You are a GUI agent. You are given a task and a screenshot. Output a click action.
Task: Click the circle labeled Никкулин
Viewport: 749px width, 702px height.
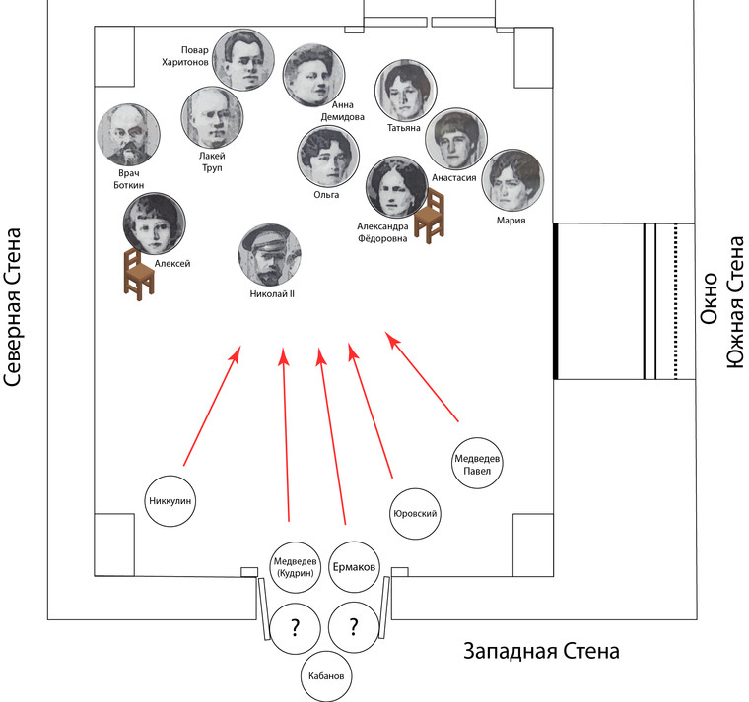[x=170, y=500]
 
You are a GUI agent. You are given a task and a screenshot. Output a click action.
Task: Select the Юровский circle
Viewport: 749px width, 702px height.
[x=415, y=514]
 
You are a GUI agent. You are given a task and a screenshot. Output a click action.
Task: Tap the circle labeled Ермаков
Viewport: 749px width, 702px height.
[x=354, y=567]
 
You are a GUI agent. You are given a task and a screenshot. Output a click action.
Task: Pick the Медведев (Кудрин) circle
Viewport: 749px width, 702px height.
[x=296, y=567]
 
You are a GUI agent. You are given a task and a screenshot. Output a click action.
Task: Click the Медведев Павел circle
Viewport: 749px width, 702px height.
[x=477, y=463]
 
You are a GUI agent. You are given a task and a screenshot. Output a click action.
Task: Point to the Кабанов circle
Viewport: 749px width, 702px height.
[x=326, y=676]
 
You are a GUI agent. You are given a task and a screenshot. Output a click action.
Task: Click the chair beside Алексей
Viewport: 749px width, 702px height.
[x=139, y=274]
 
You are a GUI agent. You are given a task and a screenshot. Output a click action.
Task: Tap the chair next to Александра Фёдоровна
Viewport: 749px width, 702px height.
[x=429, y=216]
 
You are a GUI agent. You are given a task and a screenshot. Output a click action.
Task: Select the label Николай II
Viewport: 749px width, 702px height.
[x=272, y=294]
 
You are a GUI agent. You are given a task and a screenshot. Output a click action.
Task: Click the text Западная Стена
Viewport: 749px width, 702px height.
[x=541, y=652]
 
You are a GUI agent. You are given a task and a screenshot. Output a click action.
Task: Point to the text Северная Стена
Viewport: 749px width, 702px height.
[x=13, y=307]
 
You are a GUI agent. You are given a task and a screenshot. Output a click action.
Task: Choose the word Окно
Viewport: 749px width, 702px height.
[x=710, y=298]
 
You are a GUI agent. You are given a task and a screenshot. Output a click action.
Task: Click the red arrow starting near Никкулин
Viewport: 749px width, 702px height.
[x=212, y=406]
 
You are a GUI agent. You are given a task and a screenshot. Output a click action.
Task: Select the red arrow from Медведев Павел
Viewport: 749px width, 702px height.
[x=422, y=376]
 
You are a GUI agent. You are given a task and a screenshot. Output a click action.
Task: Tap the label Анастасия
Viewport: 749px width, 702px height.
[x=453, y=178]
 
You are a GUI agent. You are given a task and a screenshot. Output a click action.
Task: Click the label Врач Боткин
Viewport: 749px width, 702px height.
[x=129, y=179]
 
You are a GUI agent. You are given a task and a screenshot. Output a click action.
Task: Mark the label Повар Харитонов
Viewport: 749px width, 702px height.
[x=185, y=56]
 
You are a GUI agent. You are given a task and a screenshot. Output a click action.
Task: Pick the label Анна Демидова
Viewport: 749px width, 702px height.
[x=343, y=110]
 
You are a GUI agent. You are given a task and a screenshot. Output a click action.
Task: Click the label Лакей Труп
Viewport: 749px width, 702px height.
[x=212, y=161]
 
